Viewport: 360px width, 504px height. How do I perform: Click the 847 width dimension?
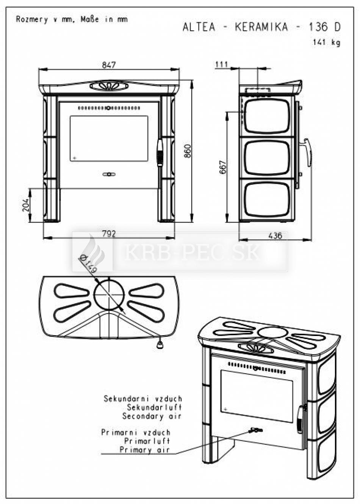coord(109,65)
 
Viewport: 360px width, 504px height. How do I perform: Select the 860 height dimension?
coord(188,151)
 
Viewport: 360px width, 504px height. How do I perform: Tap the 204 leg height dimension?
coord(26,205)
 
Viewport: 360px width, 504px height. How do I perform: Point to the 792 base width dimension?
coord(109,234)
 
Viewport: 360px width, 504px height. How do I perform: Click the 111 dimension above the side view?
coord(222,64)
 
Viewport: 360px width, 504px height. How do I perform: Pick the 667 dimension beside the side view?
coord(222,167)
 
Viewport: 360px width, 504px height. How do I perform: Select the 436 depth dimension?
coord(275,236)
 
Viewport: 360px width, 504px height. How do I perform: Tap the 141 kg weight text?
coord(327,42)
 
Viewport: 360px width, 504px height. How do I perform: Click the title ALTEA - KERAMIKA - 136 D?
coord(261,27)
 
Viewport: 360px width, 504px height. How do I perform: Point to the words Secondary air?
coord(152,416)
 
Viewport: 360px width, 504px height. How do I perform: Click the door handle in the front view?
coord(160,153)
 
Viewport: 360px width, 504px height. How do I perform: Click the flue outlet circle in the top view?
coord(109,295)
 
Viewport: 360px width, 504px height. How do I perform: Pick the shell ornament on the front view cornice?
coord(109,86)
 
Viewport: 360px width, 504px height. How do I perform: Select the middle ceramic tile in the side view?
coord(267,158)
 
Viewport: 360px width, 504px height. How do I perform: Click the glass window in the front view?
coord(109,138)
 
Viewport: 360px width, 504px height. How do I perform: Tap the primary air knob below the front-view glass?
coord(109,174)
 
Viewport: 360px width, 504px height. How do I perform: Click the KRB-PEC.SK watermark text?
coord(192,253)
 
